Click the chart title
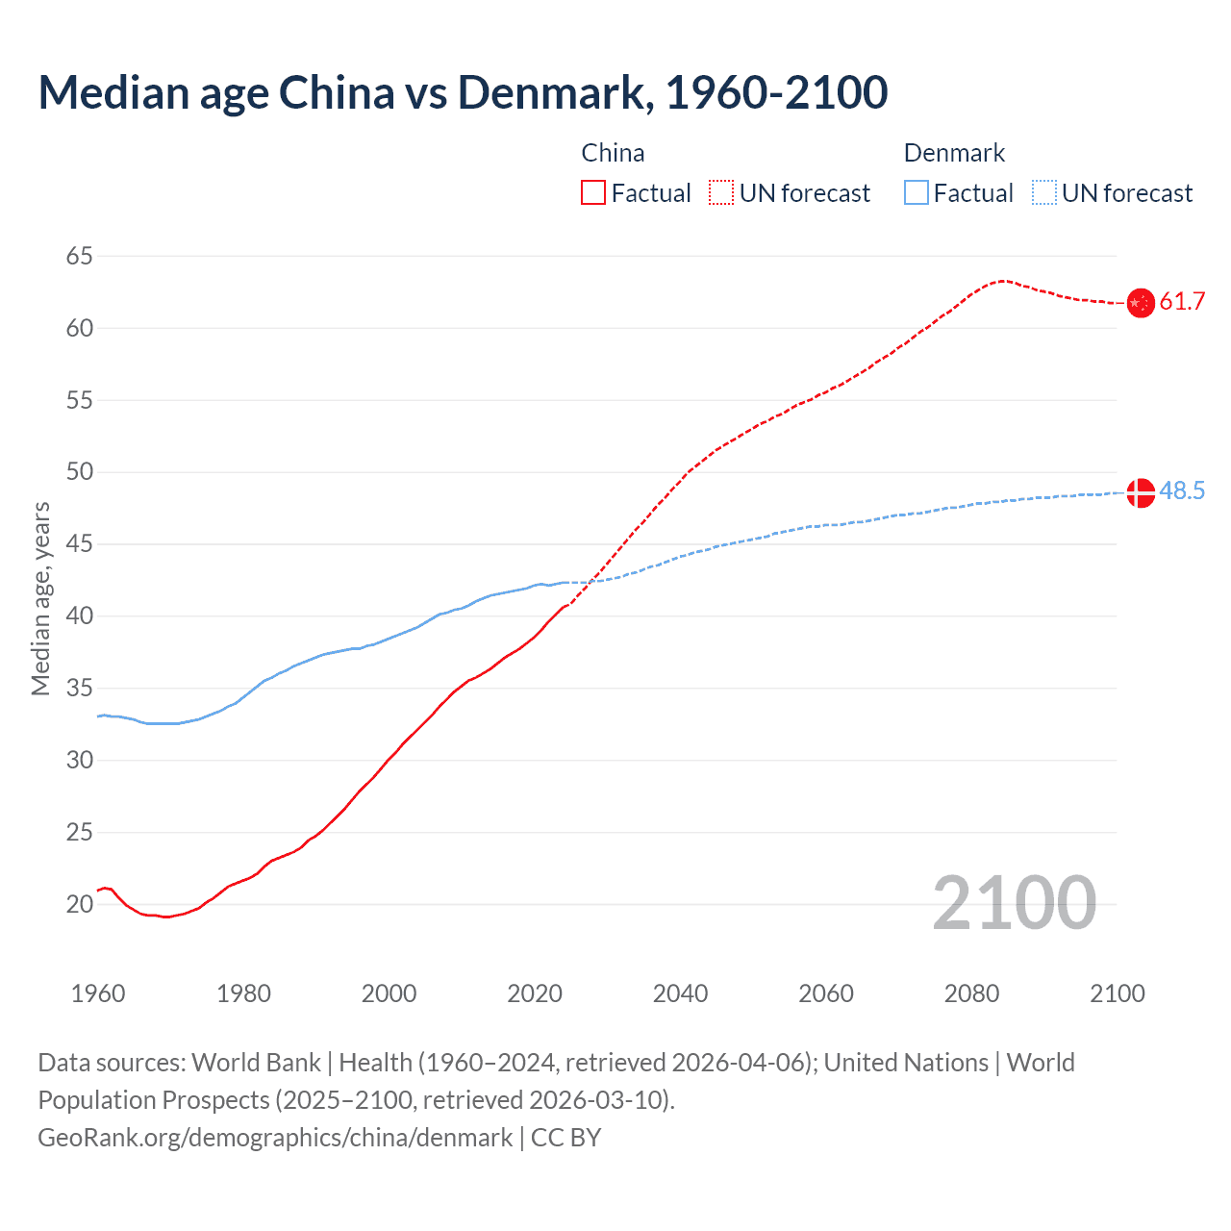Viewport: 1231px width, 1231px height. pyautogui.click(x=463, y=92)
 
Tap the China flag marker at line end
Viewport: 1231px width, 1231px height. pyautogui.click(x=1140, y=303)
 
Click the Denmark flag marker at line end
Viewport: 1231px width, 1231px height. pyautogui.click(x=1140, y=492)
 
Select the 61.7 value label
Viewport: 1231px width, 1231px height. pyautogui.click(x=1182, y=302)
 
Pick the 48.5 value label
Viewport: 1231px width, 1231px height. pyautogui.click(x=1182, y=491)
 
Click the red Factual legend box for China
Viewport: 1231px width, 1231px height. pyautogui.click(x=593, y=193)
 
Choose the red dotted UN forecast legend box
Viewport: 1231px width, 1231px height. pyautogui.click(x=721, y=193)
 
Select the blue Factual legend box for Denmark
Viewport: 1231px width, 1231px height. pyautogui.click(x=917, y=193)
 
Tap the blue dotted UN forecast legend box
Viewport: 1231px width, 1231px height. pyautogui.click(x=1043, y=193)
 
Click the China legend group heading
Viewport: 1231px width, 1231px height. pyautogui.click(x=613, y=153)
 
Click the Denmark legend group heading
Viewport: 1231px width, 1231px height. pyautogui.click(x=954, y=153)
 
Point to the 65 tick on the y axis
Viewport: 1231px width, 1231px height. pyautogui.click(x=80, y=256)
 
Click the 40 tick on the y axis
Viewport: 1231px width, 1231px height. pyautogui.click(x=80, y=615)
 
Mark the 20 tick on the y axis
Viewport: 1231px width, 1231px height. pyautogui.click(x=80, y=904)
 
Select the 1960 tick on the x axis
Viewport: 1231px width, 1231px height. pyautogui.click(x=98, y=993)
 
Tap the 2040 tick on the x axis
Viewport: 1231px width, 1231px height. pyautogui.click(x=680, y=993)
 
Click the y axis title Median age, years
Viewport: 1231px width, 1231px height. pyautogui.click(x=40, y=598)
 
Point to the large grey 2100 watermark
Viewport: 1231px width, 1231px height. pyautogui.click(x=1014, y=902)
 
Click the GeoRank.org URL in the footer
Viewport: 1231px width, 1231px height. pyautogui.click(x=275, y=1138)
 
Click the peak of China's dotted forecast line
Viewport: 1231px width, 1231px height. pyautogui.click(x=1002, y=281)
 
